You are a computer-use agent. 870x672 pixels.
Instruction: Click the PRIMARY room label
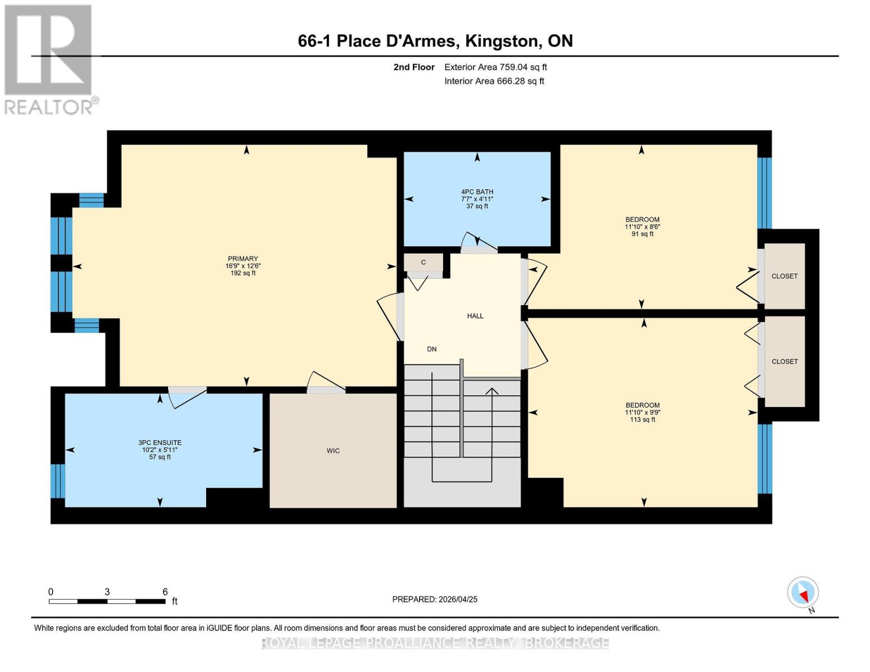pyautogui.click(x=243, y=265)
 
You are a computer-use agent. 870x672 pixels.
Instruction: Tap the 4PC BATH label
pyautogui.click(x=477, y=199)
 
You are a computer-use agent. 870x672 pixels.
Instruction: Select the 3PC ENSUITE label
pyautogui.click(x=161, y=450)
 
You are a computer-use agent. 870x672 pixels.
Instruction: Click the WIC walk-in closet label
pyautogui.click(x=333, y=451)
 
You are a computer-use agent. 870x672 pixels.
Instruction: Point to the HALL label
pyautogui.click(x=475, y=316)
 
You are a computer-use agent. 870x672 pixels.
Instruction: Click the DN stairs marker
pyautogui.click(x=431, y=349)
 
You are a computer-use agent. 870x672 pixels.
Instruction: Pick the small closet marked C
pyautogui.click(x=424, y=262)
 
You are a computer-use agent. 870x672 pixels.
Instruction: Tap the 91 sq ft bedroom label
pyautogui.click(x=642, y=227)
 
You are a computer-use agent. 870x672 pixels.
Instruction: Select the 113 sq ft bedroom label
pyautogui.click(x=642, y=412)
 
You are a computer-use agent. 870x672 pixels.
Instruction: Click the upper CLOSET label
pyautogui.click(x=784, y=276)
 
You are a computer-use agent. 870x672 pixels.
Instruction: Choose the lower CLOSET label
pyautogui.click(x=784, y=361)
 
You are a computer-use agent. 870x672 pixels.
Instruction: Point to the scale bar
pyautogui.click(x=107, y=601)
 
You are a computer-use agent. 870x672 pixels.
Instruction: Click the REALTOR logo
pyautogui.click(x=49, y=59)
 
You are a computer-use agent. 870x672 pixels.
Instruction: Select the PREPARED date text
pyautogui.click(x=435, y=599)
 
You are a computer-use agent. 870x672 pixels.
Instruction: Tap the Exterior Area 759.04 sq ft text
pyautogui.click(x=495, y=67)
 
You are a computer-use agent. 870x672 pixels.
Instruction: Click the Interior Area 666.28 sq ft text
pyautogui.click(x=494, y=81)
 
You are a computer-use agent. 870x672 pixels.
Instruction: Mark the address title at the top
pyautogui.click(x=435, y=41)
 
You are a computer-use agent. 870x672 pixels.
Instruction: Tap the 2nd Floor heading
pyautogui.click(x=414, y=67)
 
